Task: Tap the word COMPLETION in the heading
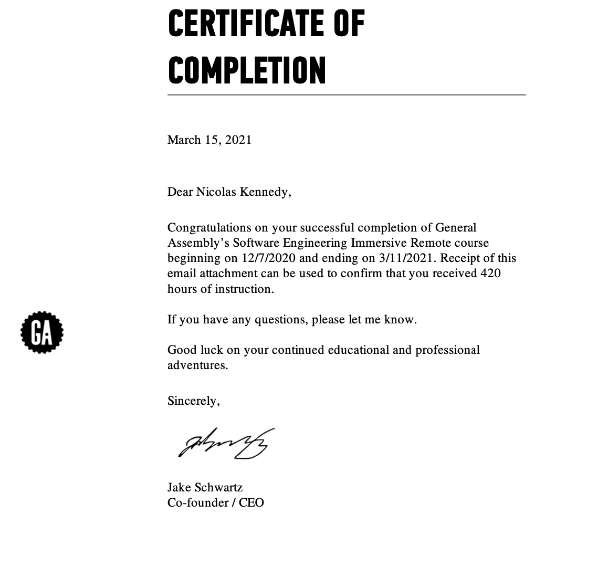247,70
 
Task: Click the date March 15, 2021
209,140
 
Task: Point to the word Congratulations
209,227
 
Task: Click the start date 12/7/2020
269,258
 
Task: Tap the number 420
490,273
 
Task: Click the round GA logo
42,332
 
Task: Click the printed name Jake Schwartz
205,487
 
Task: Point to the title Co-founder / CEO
215,502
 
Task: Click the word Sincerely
193,401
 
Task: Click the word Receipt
460,258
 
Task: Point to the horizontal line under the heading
347,95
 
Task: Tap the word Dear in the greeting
180,192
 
